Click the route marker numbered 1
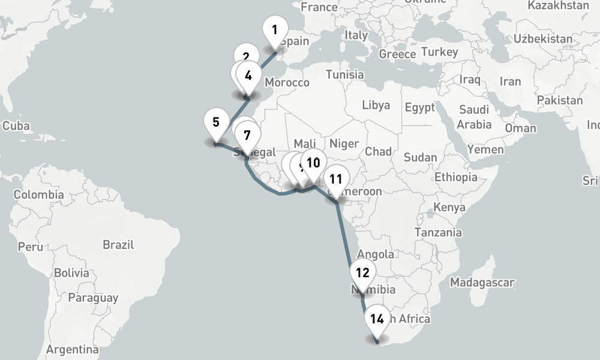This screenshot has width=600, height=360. (275, 30)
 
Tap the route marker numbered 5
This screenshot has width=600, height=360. (216, 122)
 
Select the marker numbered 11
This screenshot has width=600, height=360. (335, 179)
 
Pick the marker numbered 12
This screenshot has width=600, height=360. (362, 273)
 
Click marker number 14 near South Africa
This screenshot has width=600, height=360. (377, 319)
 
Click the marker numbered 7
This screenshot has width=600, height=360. (247, 135)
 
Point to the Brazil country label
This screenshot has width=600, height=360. (118, 245)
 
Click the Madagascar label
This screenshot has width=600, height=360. (482, 282)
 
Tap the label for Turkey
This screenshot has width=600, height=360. (439, 52)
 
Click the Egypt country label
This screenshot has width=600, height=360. (419, 108)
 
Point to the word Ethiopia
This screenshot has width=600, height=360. (456, 177)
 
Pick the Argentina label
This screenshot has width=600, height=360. (72, 349)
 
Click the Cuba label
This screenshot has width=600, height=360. (16, 127)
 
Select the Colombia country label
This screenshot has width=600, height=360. (38, 194)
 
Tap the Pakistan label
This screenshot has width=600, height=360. (560, 100)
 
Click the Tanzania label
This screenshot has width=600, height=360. (438, 232)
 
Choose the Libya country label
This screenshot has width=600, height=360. (376, 105)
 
